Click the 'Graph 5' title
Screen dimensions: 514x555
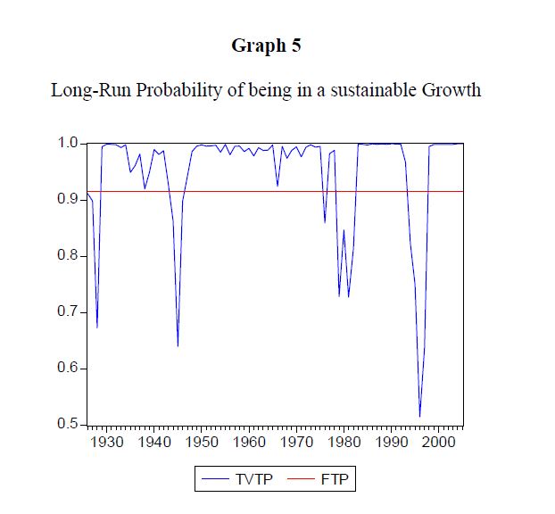266,46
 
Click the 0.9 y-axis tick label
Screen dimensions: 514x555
69,200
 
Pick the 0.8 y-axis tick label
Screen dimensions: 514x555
69,256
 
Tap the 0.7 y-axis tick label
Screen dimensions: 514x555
69,312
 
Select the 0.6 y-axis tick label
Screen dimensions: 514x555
69,369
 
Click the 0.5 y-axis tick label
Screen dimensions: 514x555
69,424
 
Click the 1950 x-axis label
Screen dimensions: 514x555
202,441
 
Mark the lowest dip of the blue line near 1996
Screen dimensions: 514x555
419,417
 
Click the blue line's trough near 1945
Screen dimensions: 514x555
178,345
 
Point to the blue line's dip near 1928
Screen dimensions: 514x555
97,327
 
